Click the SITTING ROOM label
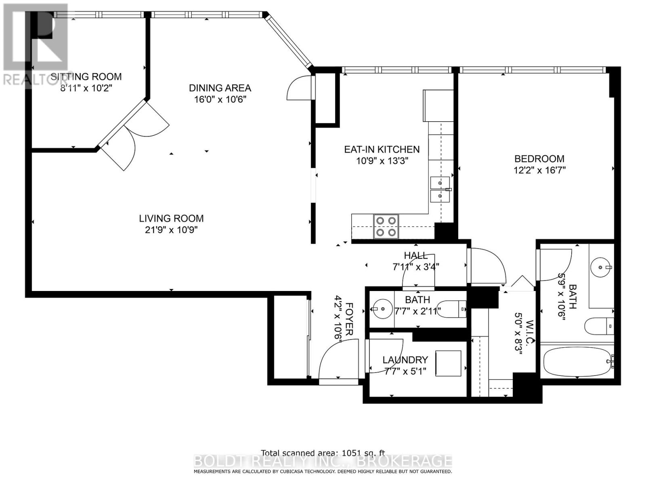pos(86,76)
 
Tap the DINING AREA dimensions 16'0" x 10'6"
pos(220,99)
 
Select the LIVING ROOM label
pos(171,218)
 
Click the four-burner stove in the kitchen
pos(386,226)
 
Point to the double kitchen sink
pos(440,189)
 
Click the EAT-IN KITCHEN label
pos(382,149)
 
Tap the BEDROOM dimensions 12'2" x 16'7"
pos(539,170)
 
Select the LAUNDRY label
pos(405,360)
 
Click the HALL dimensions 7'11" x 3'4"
pos(415,267)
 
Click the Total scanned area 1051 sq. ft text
pos(323,453)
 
